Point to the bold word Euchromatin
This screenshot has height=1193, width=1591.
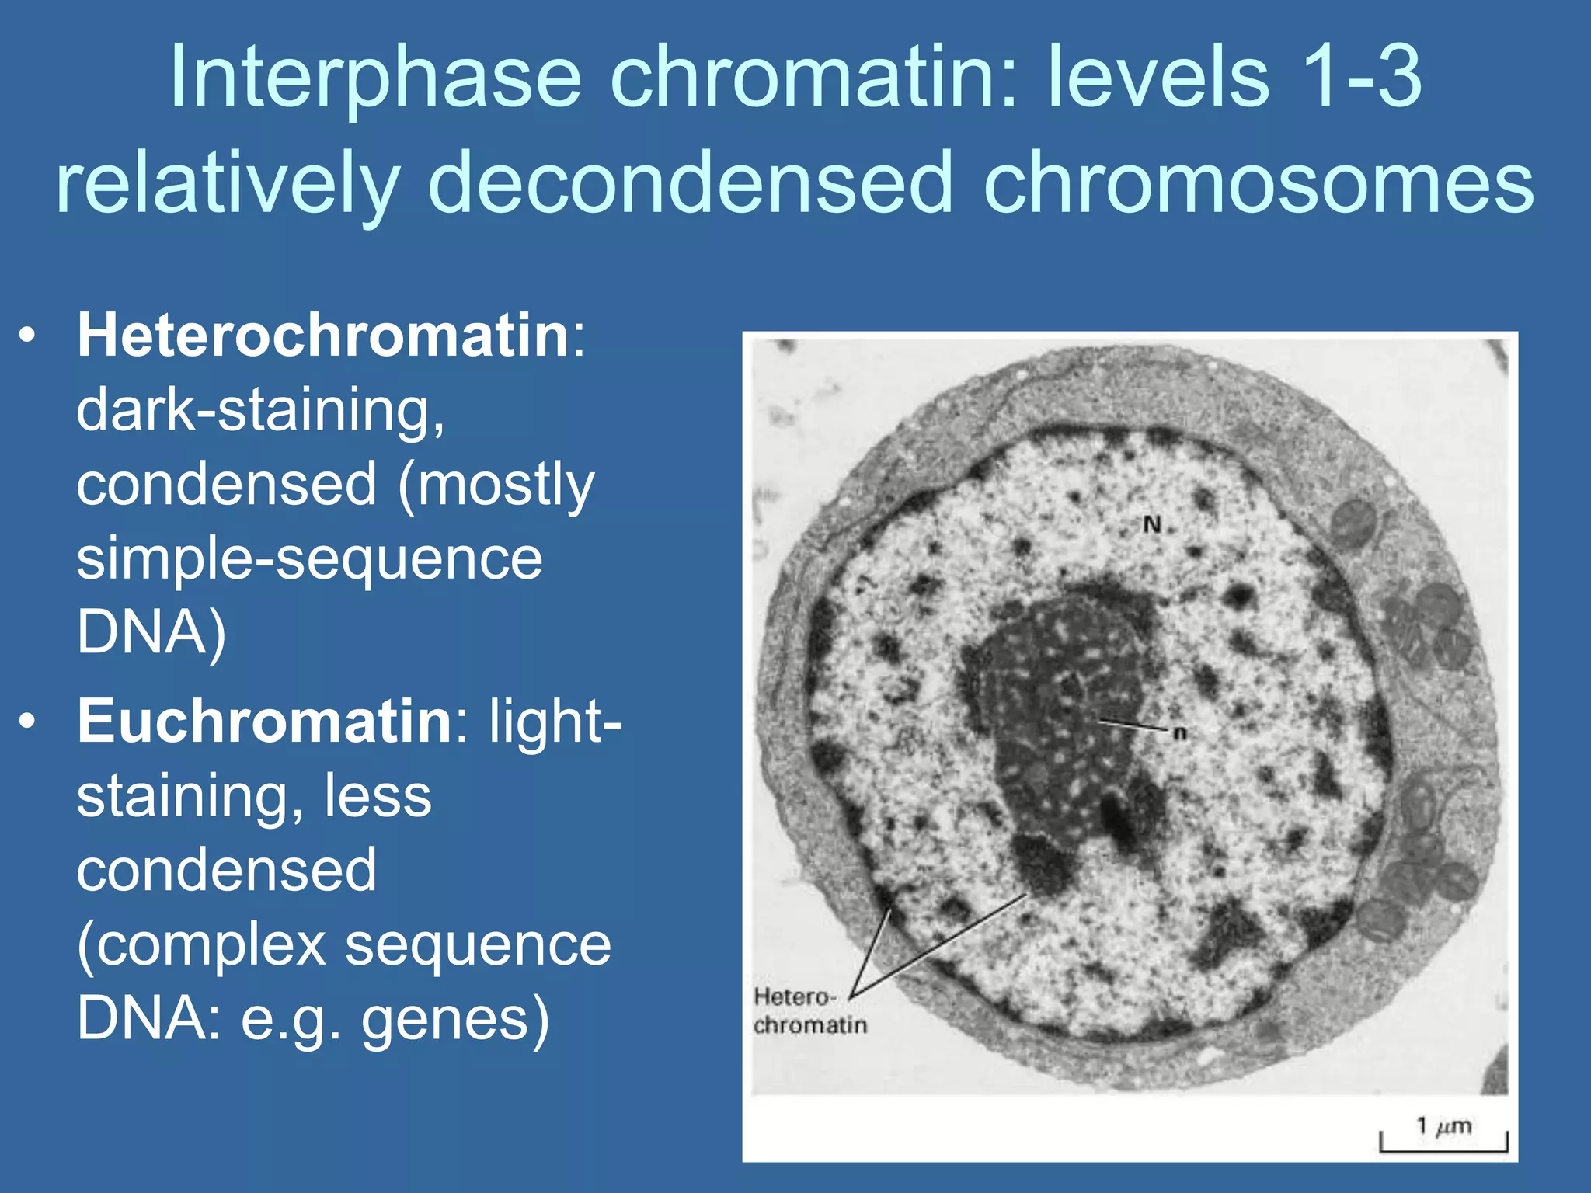265,721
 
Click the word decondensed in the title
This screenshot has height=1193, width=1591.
690,184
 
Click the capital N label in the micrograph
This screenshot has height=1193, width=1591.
1152,525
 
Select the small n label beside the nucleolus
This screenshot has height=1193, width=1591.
1180,732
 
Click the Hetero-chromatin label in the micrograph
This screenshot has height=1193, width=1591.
808,1011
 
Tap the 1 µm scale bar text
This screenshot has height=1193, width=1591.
1443,1125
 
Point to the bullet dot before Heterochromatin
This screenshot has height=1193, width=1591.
28,336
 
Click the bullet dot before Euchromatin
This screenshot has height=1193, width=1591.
28,722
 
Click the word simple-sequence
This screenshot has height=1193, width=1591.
309,558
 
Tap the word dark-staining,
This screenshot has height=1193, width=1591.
261,410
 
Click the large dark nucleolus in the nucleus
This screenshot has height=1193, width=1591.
1064,722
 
